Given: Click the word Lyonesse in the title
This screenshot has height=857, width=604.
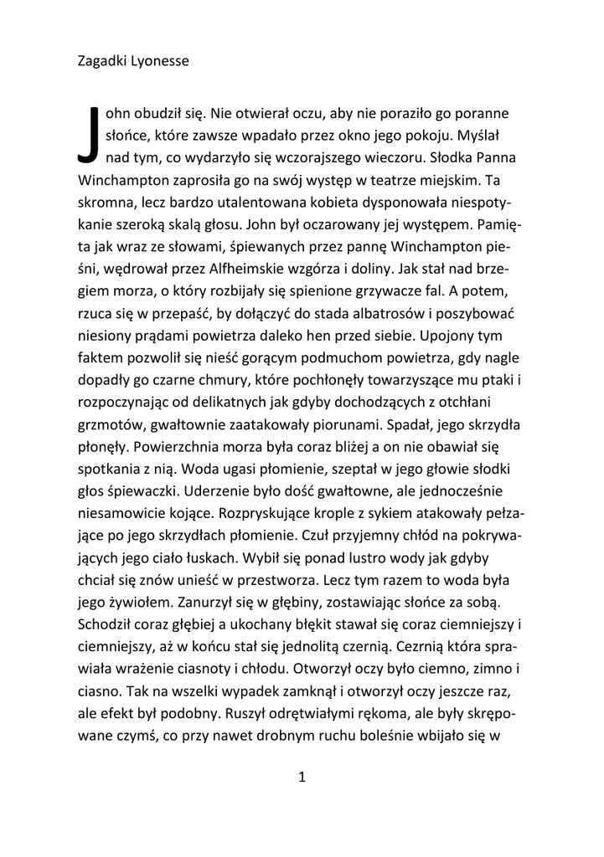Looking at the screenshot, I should click(159, 61).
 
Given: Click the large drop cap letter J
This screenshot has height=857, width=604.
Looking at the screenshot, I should click(89, 134).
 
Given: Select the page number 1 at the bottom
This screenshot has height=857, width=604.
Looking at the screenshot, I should click(302, 777).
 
